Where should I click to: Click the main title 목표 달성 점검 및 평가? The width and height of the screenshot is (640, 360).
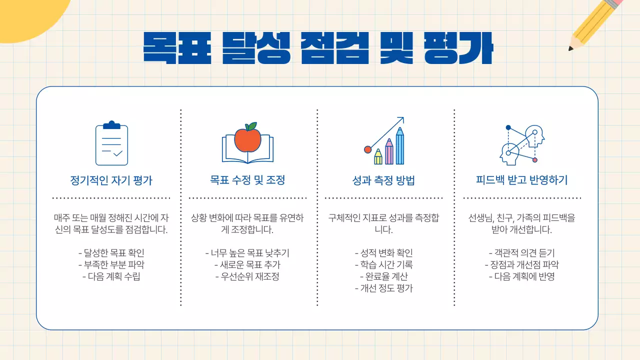[x=318, y=48]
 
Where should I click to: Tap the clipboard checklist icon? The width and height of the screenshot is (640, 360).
[x=111, y=143]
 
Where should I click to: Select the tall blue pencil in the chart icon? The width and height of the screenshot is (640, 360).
[x=399, y=147]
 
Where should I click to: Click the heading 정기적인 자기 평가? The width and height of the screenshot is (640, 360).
[x=111, y=180]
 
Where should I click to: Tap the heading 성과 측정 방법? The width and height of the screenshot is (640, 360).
[x=383, y=180]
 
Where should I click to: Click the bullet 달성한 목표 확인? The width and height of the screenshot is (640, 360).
[x=111, y=253]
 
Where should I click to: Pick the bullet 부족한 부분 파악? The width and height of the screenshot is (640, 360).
[x=111, y=265]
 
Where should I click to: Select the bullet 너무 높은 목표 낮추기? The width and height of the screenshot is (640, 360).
[x=247, y=253]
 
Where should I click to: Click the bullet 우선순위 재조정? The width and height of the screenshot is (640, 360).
[x=247, y=276]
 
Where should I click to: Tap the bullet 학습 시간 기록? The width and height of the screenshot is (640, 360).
[x=383, y=265]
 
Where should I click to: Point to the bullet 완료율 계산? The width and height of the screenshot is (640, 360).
[x=383, y=276]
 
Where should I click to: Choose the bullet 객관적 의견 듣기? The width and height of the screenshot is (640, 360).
[x=521, y=253]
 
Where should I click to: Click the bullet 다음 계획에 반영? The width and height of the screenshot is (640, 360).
[x=521, y=276]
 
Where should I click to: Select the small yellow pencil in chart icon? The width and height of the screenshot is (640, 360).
[x=378, y=157]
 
